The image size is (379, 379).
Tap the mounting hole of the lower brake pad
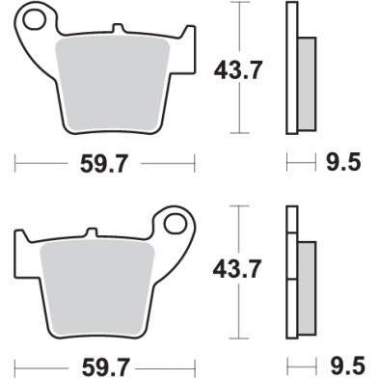point(175,224)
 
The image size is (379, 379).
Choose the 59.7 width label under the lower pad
point(106,366)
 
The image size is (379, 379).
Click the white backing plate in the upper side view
point(290,68)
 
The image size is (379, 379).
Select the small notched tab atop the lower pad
point(92,232)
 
